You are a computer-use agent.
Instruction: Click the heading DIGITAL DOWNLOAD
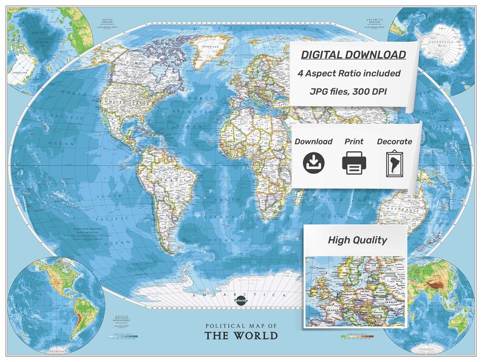(353, 55)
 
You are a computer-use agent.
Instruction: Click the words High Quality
(357, 240)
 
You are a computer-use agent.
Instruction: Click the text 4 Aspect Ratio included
(349, 73)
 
